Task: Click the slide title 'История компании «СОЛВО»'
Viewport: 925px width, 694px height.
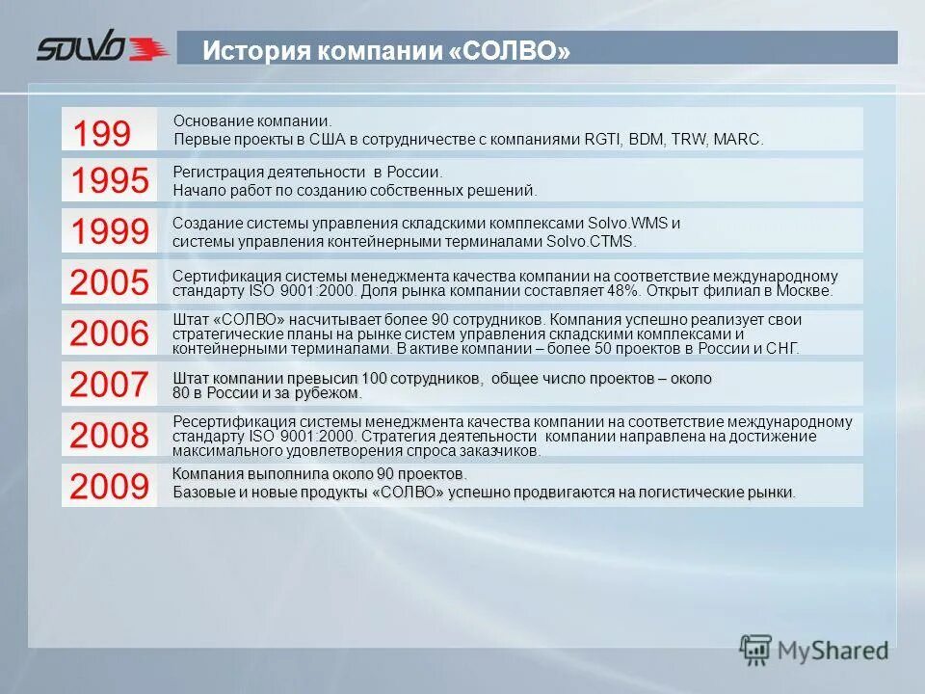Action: (x=385, y=50)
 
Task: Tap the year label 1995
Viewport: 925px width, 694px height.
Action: (x=109, y=180)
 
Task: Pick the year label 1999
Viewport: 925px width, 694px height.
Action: (x=109, y=231)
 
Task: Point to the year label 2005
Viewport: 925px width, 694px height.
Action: (x=109, y=282)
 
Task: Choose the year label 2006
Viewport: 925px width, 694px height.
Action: (x=109, y=334)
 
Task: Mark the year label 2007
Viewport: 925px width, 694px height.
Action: (x=109, y=385)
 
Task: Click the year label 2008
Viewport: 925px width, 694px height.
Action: (x=109, y=436)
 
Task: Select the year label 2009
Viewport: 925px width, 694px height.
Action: (x=109, y=487)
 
